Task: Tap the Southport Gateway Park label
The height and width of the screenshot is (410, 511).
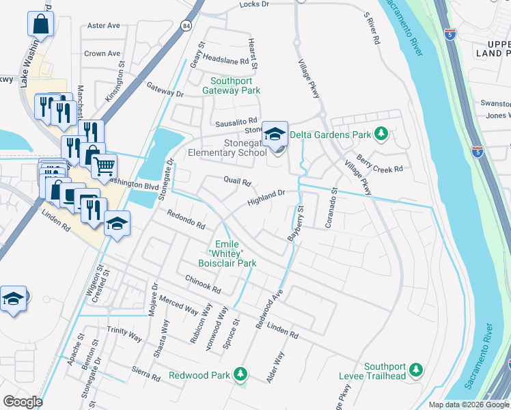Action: [235, 85]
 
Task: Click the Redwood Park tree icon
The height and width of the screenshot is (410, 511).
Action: [240, 374]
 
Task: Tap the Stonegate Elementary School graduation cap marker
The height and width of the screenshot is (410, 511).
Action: [275, 134]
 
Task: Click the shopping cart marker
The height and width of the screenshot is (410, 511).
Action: [104, 165]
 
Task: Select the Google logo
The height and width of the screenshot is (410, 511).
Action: [23, 402]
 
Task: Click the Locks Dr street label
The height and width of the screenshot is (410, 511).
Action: [254, 4]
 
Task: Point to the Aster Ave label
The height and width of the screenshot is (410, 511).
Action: [104, 25]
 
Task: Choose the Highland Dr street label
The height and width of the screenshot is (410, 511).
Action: [266, 197]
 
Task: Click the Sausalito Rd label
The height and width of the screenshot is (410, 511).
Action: [236, 121]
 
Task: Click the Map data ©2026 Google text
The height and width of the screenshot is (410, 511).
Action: [468, 405]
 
